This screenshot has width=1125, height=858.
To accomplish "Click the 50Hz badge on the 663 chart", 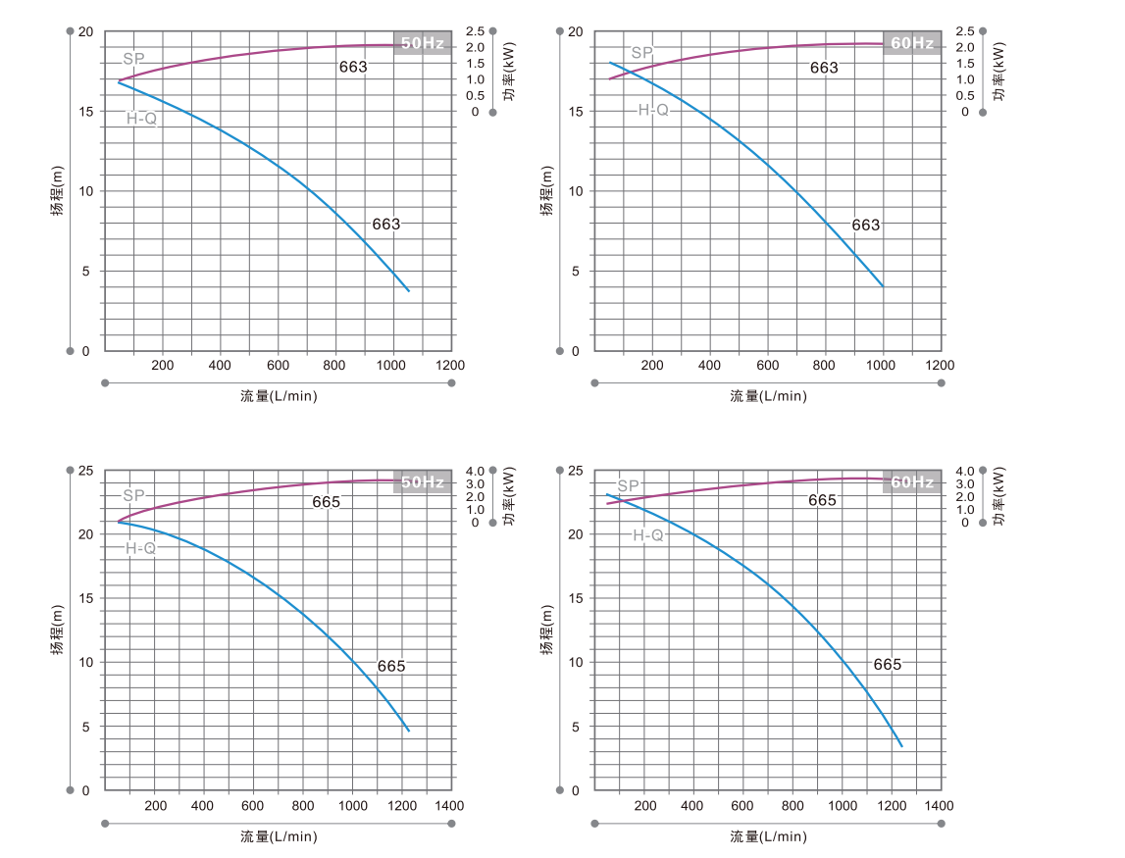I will (423, 43).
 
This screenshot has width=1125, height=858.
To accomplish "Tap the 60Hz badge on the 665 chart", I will (912, 481).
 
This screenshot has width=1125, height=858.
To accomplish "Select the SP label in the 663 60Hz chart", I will (641, 53).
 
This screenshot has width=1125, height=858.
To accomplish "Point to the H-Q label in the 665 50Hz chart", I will (141, 548).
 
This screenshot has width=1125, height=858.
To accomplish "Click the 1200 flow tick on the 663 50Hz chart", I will (451, 365).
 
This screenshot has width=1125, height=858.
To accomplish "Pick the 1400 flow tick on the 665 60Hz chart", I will (939, 806).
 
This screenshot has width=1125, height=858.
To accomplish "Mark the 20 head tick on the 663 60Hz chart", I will (576, 32).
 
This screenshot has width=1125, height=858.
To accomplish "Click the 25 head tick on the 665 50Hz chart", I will (85, 471).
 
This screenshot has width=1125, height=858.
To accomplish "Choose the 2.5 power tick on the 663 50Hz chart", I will (475, 31).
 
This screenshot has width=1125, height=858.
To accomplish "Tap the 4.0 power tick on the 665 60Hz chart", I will (964, 471).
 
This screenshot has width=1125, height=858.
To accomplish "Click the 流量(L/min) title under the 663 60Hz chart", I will (768, 396).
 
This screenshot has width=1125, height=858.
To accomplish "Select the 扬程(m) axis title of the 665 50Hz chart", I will (58, 630).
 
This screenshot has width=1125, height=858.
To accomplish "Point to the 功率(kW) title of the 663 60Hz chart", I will (998, 71).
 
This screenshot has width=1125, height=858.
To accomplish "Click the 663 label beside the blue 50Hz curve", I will (386, 224).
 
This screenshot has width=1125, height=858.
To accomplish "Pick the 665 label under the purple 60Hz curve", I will (822, 500).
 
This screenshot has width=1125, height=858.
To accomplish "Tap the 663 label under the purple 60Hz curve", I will (824, 68).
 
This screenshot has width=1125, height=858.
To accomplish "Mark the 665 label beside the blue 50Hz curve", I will (391, 666).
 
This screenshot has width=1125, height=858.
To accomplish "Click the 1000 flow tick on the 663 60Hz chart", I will (882, 365).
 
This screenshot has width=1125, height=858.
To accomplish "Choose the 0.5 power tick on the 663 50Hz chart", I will (475, 95).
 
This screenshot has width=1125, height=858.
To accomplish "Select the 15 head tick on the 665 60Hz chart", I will (576, 598).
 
